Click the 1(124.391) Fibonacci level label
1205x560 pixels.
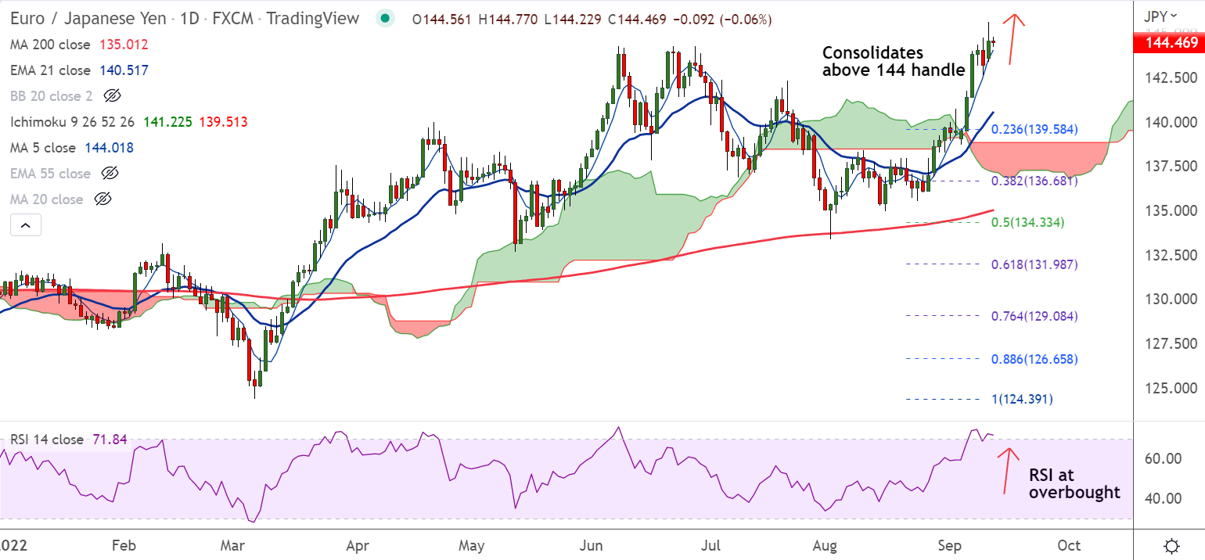1022,399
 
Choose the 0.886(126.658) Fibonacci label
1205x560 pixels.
1034,359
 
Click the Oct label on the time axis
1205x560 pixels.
1069,545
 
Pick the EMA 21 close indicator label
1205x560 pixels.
50,70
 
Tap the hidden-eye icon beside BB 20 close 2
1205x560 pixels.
112,96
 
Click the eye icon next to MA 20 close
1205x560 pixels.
102,199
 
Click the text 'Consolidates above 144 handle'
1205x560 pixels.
892,62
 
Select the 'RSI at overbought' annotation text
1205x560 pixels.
1074,484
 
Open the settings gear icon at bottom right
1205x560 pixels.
1171,545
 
